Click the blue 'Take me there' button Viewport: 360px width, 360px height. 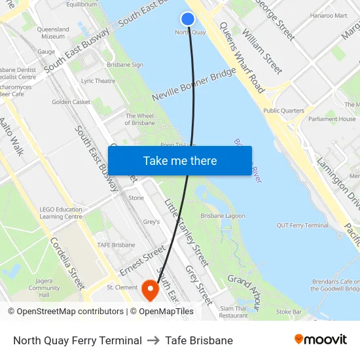180,160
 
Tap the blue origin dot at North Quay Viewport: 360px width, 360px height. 188,20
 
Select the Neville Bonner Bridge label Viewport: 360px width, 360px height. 193,84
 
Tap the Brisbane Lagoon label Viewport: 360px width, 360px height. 223,215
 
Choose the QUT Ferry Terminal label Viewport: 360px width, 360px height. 302,225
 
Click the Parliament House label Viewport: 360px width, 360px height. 333,119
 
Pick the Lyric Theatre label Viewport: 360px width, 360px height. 98,81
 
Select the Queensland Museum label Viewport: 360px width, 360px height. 53,33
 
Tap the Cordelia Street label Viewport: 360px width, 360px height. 67,262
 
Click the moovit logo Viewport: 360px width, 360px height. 321,340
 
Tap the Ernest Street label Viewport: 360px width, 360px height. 143,261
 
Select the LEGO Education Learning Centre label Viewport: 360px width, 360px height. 61,213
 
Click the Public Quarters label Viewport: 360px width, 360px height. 283,111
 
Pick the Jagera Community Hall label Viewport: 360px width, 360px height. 44,288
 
